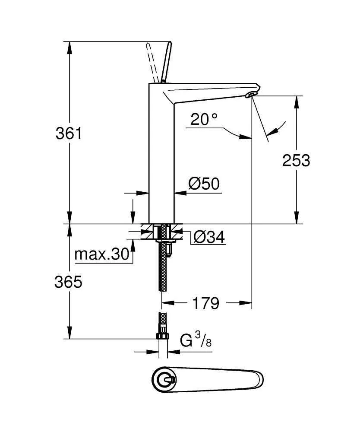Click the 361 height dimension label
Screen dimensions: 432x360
point(68,133)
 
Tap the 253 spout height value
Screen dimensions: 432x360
point(296,161)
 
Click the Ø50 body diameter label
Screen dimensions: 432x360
point(204,184)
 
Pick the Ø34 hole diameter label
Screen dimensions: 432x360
point(209,237)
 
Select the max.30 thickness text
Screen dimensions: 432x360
point(102,254)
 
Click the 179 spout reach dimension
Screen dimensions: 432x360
point(205,303)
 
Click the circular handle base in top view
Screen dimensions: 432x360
point(164,380)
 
